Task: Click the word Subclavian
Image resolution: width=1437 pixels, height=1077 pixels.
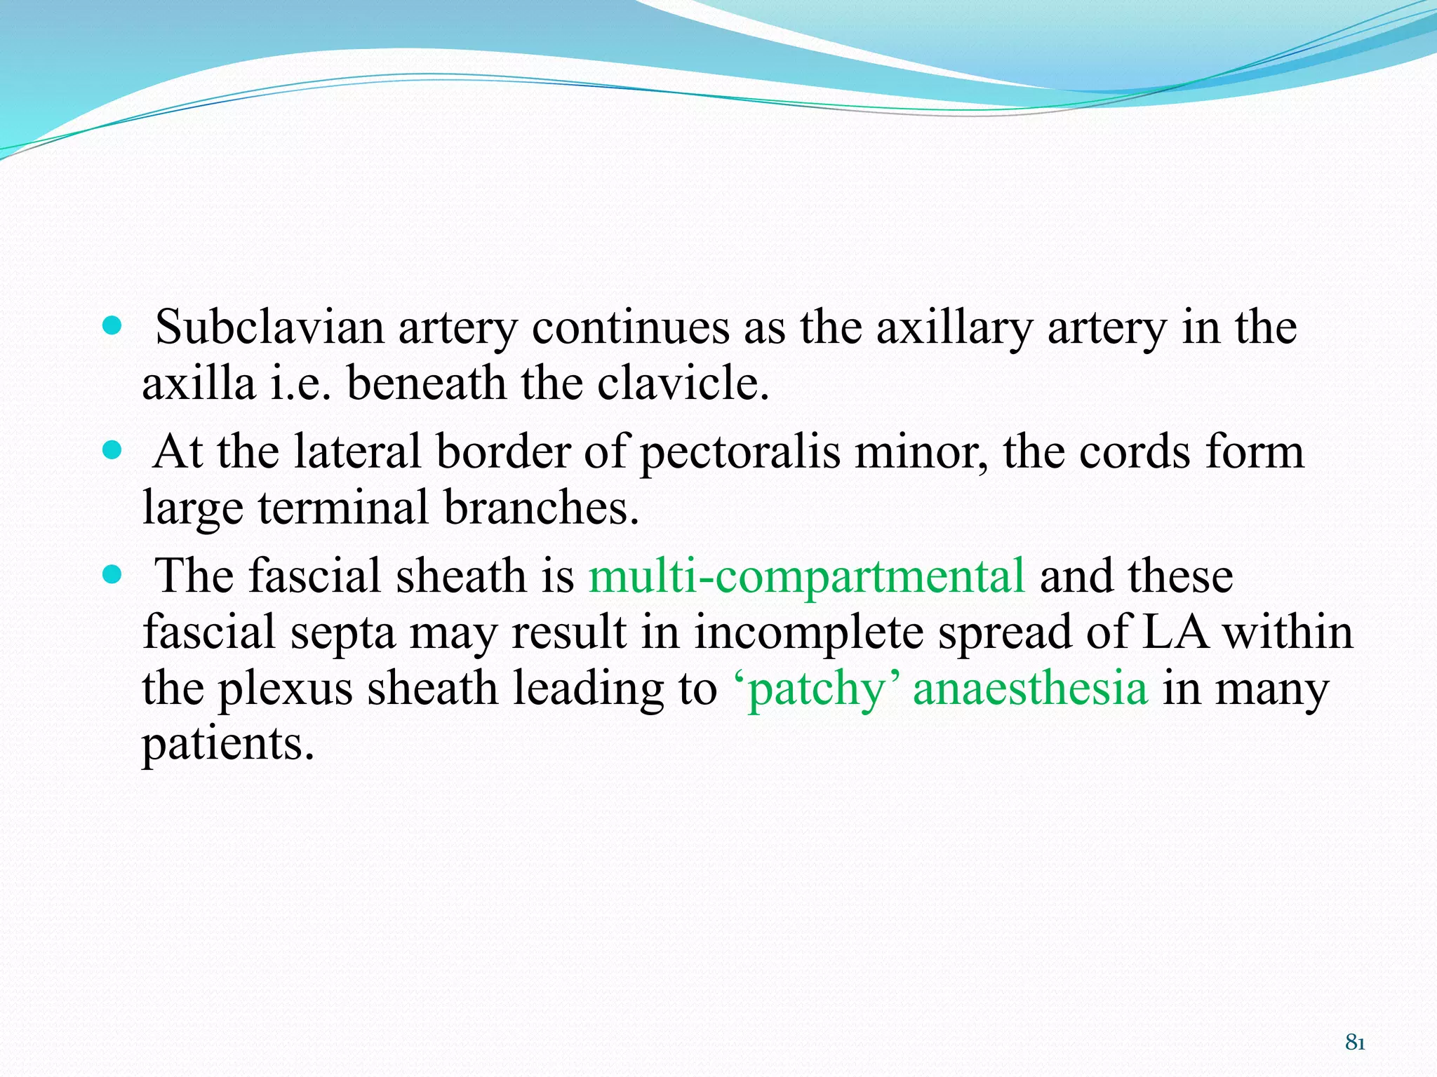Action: point(269,327)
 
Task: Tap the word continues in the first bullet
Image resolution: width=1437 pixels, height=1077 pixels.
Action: point(630,327)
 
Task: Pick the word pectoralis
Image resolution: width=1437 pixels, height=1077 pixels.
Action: point(740,452)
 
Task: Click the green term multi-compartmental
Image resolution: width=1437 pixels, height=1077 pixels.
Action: point(807,576)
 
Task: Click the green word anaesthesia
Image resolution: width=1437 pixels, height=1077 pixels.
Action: point(1030,688)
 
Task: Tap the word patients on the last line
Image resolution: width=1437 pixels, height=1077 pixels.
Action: point(227,744)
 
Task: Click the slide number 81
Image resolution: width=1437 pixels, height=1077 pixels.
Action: point(1355,1043)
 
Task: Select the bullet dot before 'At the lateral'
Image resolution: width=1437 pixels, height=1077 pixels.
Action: point(112,449)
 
